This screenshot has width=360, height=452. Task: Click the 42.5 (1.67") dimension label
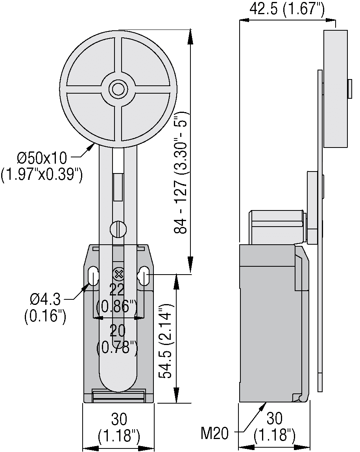pos(287,9)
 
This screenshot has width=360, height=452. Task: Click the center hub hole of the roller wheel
pos(117,89)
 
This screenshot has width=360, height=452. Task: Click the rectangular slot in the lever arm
pos(118,187)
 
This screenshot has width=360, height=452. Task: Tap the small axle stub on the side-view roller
pos(349,89)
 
